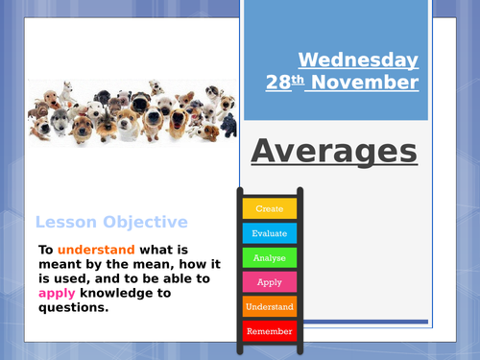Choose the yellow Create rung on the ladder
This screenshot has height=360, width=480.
pyautogui.click(x=269, y=207)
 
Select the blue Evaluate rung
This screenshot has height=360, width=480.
pyautogui.click(x=269, y=232)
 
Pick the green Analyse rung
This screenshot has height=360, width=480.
pyautogui.click(x=269, y=257)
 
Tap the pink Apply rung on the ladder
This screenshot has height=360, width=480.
pyautogui.click(x=269, y=282)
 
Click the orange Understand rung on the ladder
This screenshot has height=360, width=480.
pyautogui.click(x=269, y=307)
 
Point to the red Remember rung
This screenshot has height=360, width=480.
pyautogui.click(x=269, y=332)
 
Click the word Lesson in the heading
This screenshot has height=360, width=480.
pyautogui.click(x=65, y=222)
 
